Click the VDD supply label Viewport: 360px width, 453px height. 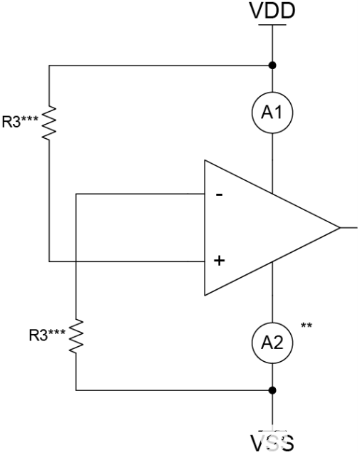pos(271,11)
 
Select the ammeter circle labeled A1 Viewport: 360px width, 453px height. pos(272,112)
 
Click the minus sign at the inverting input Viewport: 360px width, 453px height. pos(219,194)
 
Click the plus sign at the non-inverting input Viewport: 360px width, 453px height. pos(219,261)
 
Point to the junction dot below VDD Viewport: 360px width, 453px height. pos(272,66)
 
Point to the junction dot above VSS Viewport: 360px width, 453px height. pos(272,390)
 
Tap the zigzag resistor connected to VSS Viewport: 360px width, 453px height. pos(76,335)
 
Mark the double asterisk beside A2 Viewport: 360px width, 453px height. pos(307,326)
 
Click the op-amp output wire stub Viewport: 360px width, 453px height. pos(349,228)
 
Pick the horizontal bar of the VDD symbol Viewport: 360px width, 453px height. pos(271,25)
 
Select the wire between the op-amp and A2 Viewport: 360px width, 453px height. pos(272,303)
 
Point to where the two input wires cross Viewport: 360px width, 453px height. pos(76,261)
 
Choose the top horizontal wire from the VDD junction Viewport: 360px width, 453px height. pos(157,66)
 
